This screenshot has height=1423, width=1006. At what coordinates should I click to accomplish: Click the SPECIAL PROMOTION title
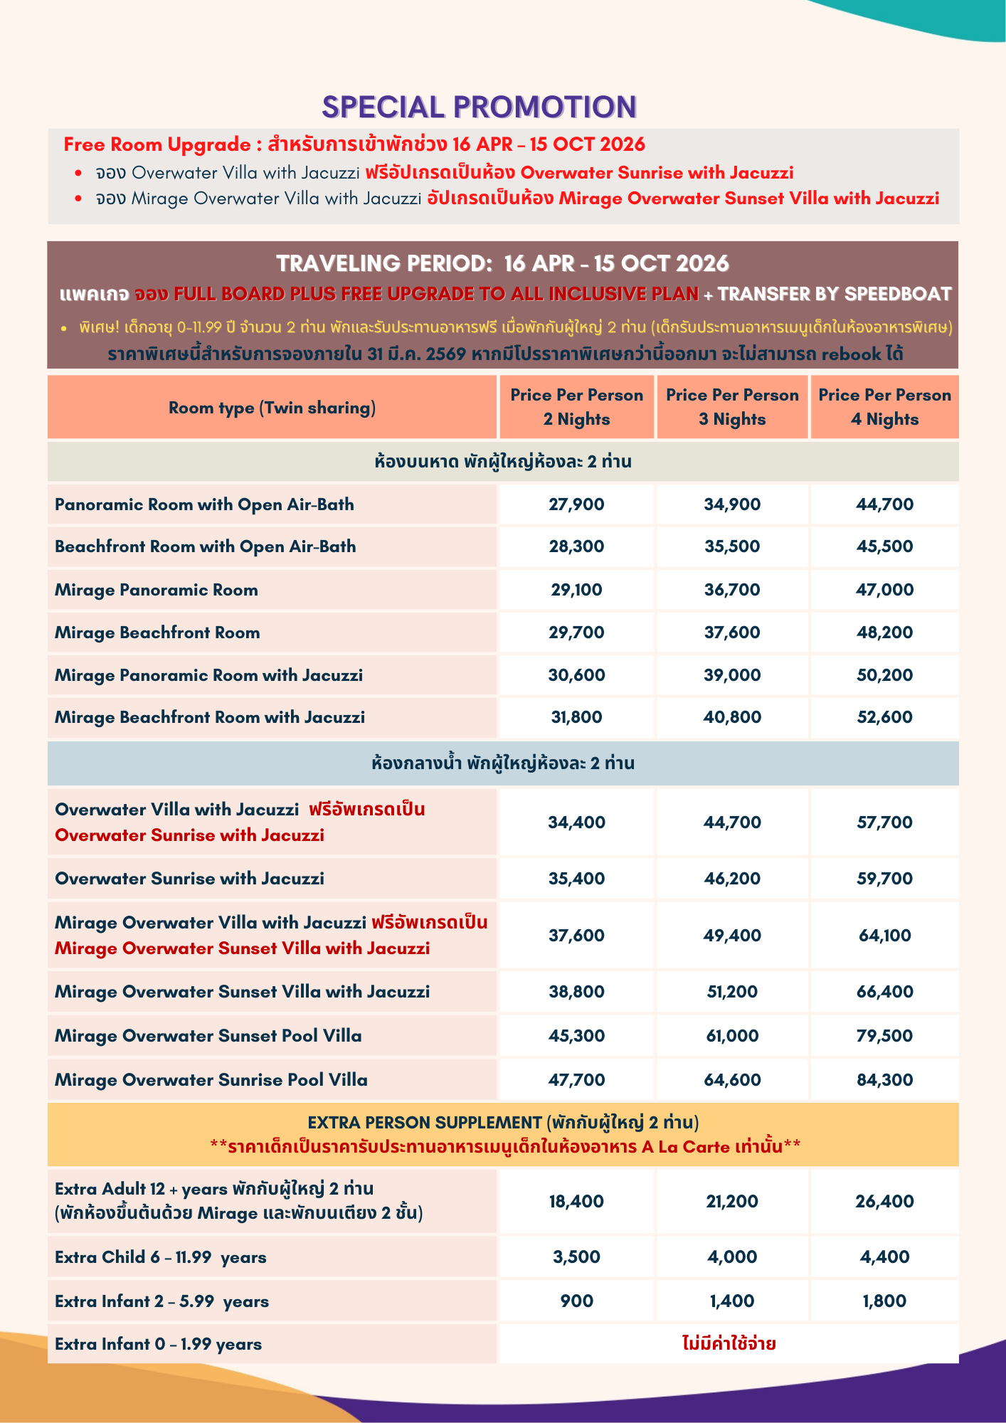click(x=479, y=107)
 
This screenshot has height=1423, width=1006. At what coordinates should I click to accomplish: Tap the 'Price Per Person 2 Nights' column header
click(x=576, y=407)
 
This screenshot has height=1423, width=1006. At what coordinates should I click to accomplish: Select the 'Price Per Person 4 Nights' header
click(x=884, y=407)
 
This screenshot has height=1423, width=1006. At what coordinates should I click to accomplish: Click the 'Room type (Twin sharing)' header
click(x=272, y=408)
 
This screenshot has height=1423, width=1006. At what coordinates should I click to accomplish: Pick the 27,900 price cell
click(x=576, y=504)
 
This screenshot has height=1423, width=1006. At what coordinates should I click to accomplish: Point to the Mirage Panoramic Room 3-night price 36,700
click(x=732, y=590)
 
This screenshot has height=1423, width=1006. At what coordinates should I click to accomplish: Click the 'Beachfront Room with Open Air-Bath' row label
click(x=205, y=546)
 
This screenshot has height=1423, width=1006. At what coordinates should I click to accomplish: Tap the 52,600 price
click(x=884, y=717)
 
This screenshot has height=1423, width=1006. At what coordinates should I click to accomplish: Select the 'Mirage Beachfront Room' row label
click(x=157, y=633)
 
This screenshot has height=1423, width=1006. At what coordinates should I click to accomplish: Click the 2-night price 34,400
click(x=576, y=822)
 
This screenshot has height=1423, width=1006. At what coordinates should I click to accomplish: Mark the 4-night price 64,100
click(x=884, y=936)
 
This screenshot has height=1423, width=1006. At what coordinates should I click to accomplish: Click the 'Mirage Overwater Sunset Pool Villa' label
click(x=208, y=1036)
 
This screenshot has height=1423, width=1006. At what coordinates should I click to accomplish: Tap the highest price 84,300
click(x=884, y=1080)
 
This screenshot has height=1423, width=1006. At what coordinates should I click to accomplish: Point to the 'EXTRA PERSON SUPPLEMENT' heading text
click(x=425, y=1123)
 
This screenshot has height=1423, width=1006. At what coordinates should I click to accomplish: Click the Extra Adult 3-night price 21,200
click(x=732, y=1202)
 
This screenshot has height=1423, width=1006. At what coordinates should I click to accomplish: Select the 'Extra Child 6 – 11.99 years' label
click(x=160, y=1257)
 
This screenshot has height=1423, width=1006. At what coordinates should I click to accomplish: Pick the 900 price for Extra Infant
click(x=576, y=1301)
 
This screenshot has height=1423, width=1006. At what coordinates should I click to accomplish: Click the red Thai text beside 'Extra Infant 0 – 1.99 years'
click(x=729, y=1344)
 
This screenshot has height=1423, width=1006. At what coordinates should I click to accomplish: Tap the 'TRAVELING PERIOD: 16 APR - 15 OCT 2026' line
click(x=502, y=264)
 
